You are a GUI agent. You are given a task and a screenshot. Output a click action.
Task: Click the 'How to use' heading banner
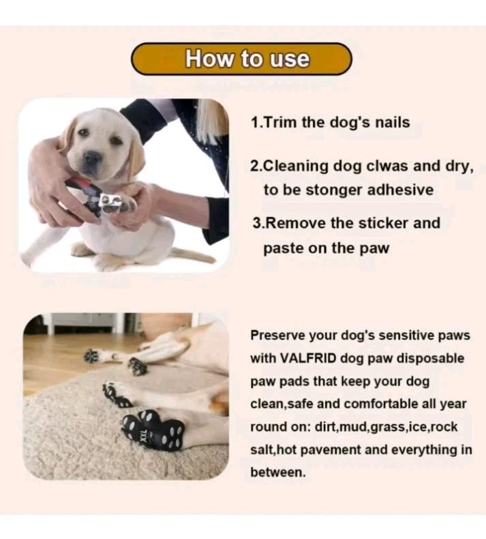click(242, 59)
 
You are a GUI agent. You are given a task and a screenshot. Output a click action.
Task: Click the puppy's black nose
click(92, 158)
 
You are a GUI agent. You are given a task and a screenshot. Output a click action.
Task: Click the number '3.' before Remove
click(257, 223)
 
